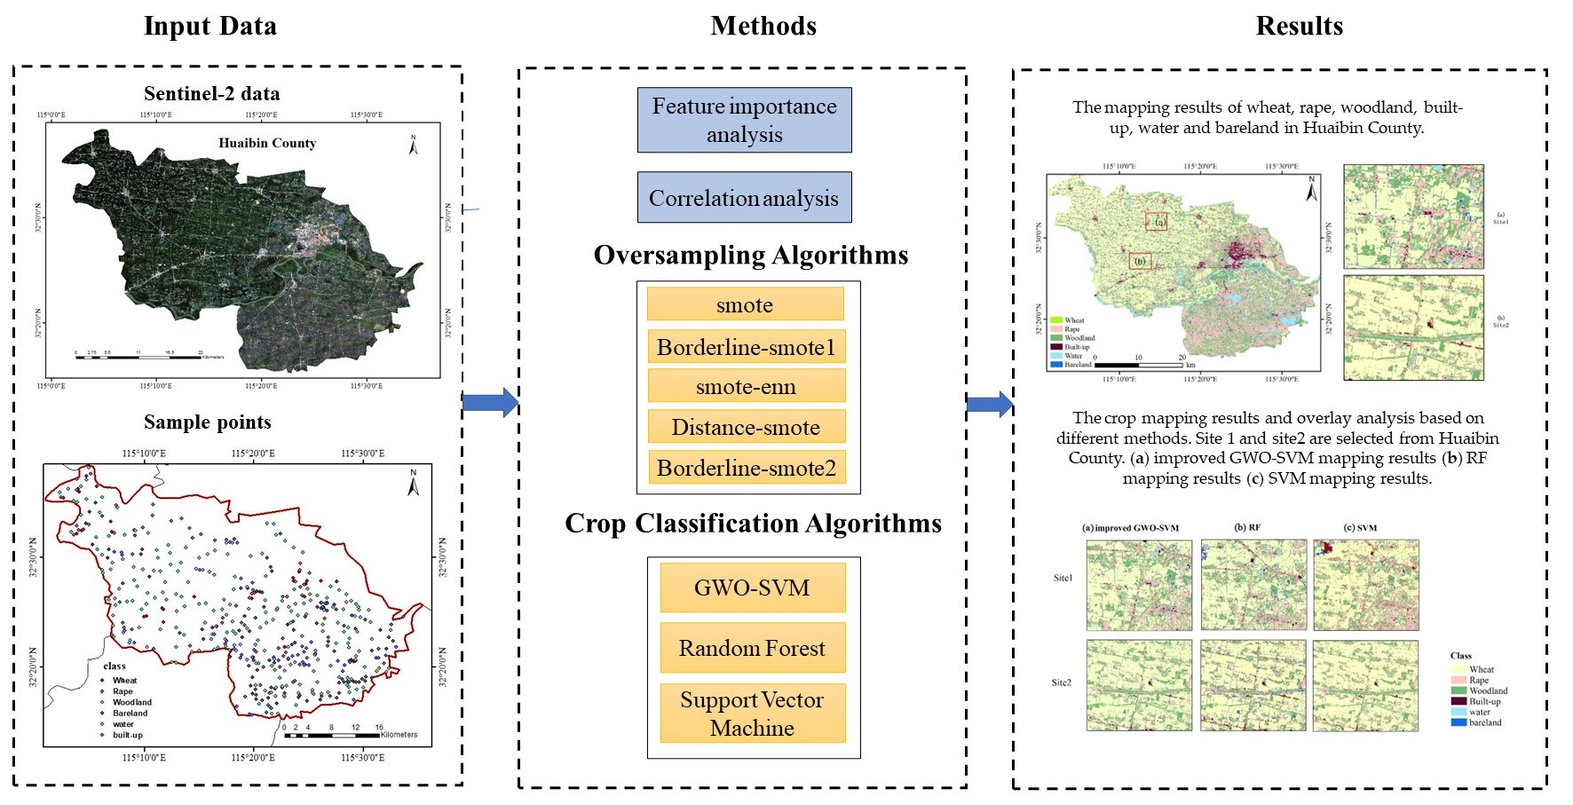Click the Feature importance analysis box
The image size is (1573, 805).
[744, 120]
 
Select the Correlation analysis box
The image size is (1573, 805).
[744, 197]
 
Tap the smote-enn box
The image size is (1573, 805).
[746, 386]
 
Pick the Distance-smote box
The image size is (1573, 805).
[746, 427]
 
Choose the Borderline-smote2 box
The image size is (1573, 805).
[746, 468]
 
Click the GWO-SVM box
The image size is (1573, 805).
[752, 588]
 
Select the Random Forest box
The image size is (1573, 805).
[752, 648]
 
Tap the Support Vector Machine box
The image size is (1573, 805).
[752, 714]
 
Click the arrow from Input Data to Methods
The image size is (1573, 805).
[490, 403]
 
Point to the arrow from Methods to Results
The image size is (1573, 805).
[989, 405]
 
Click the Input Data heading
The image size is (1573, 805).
[210, 27]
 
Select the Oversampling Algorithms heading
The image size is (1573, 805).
[751, 256]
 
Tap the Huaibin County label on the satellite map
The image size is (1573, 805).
[267, 143]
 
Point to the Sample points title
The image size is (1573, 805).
[208, 422]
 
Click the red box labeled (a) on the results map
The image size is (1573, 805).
[1156, 221]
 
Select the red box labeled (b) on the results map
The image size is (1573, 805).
[1140, 261]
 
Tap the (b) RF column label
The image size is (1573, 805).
[1247, 527]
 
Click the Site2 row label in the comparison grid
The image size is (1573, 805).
[1062, 683]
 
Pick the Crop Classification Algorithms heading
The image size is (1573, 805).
[753, 524]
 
